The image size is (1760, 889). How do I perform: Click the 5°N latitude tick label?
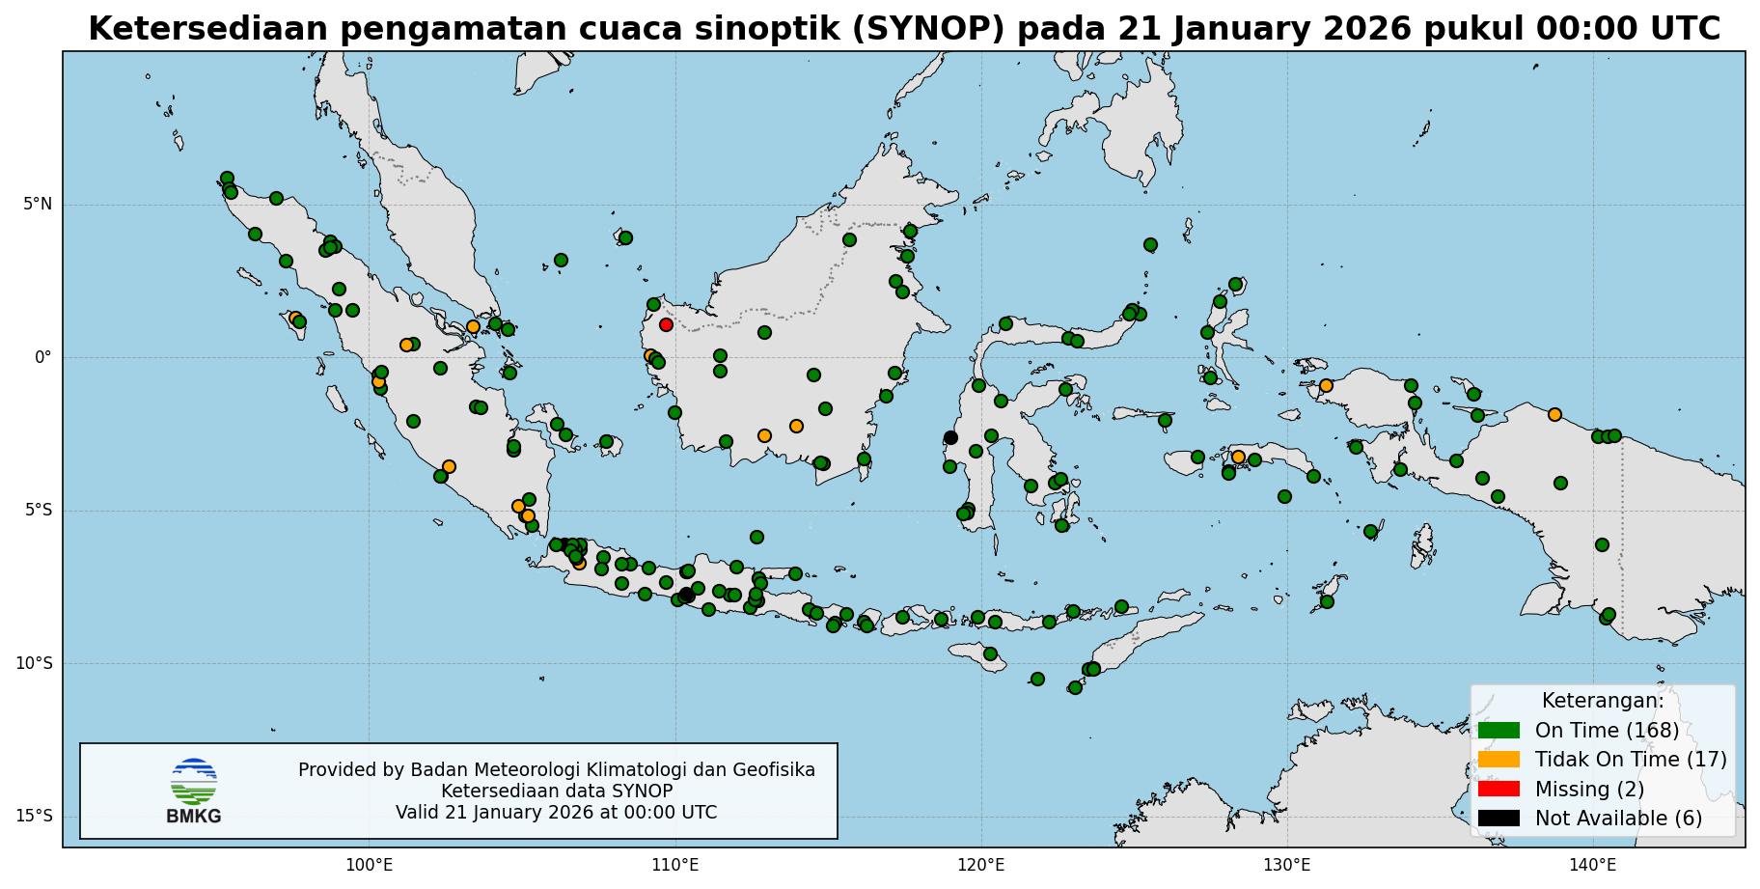tap(38, 205)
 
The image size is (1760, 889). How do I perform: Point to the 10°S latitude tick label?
tap(34, 664)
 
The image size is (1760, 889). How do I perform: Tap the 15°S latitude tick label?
tap(34, 817)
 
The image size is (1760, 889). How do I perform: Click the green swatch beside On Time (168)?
tap(1498, 731)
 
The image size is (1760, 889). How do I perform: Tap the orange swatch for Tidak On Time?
tap(1498, 760)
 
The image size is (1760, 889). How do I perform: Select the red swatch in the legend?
tap(1498, 789)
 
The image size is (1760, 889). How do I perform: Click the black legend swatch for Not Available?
tap(1498, 819)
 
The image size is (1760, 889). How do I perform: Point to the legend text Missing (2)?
tap(1589, 790)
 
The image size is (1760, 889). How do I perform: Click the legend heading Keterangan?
tap(1602, 701)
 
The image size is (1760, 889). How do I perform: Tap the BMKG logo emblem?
tap(193, 782)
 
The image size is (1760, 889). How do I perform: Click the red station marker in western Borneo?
tap(666, 324)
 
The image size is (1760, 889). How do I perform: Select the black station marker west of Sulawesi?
tap(950, 437)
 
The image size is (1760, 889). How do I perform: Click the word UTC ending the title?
tap(1683, 29)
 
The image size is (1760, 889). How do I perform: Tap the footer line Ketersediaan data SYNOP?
tap(557, 792)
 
